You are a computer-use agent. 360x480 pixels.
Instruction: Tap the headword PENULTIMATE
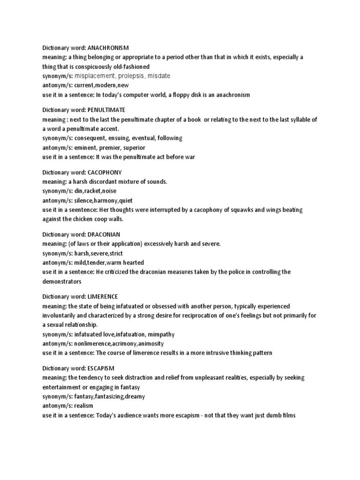[x=106, y=110]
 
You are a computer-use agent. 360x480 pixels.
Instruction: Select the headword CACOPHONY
[x=105, y=172]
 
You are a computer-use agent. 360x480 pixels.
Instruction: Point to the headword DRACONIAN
[x=104, y=234]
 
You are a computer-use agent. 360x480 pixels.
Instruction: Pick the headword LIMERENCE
[x=103, y=297]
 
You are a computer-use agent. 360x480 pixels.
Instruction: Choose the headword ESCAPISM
[x=101, y=368]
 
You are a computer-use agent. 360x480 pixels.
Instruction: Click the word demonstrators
[x=62, y=281]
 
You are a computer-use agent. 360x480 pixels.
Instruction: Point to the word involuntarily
[x=60, y=315]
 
